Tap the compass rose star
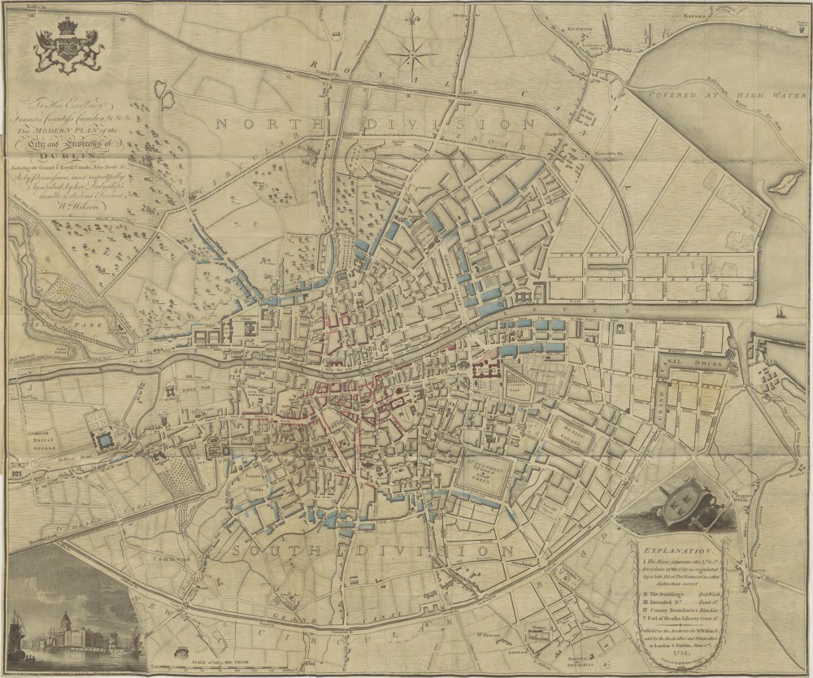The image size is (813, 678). click(x=411, y=54)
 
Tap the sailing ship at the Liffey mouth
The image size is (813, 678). click(x=781, y=311)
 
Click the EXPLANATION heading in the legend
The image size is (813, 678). click(x=680, y=549)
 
